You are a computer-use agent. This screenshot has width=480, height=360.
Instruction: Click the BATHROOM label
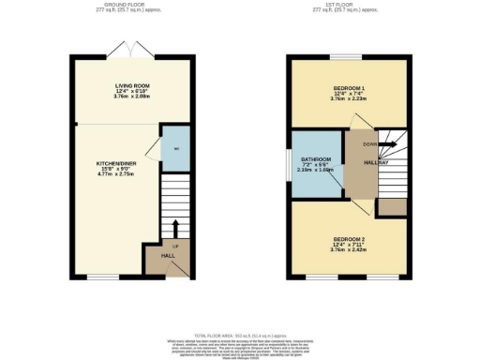point(317,157)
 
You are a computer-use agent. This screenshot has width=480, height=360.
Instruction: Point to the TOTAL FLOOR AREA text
point(240,334)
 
